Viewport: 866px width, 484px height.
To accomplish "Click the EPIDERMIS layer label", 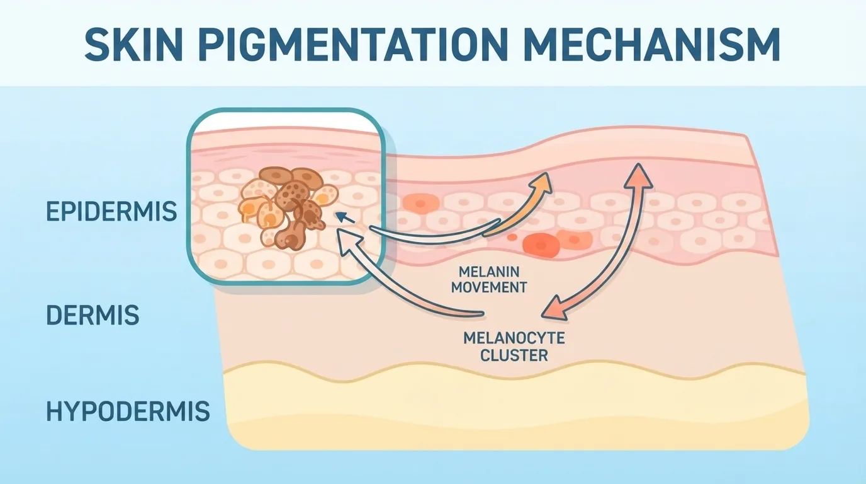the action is [x=111, y=211].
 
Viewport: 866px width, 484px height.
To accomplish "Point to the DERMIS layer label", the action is [x=93, y=315].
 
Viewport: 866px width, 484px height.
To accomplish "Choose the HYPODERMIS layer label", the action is [x=128, y=411].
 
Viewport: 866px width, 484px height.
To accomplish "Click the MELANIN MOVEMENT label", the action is [x=489, y=280].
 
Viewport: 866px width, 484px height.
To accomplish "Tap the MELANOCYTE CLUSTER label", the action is [x=514, y=347].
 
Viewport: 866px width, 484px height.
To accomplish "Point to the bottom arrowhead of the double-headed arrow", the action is [x=555, y=308].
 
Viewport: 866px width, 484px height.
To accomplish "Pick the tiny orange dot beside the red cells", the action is [x=512, y=237].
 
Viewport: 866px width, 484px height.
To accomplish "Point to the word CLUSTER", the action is [x=514, y=355].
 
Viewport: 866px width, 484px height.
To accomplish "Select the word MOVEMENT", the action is [x=489, y=287].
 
